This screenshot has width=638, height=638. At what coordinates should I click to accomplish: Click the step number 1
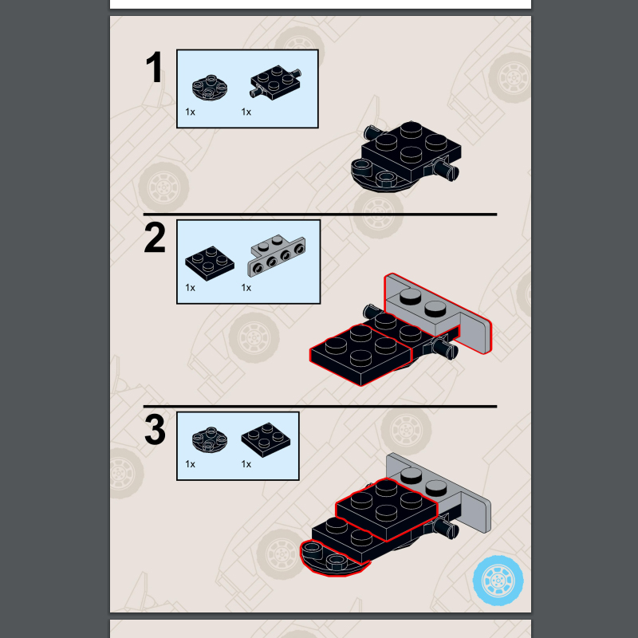click(155, 68)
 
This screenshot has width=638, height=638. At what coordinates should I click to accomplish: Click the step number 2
click(155, 238)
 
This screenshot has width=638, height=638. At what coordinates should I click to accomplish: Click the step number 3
click(155, 430)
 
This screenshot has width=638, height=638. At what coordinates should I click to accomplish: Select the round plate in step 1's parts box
click(210, 87)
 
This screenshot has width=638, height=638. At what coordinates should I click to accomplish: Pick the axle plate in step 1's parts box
click(275, 82)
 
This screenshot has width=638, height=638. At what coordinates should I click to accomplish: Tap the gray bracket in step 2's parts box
click(277, 255)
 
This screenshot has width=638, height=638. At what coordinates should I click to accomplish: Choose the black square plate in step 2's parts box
click(210, 263)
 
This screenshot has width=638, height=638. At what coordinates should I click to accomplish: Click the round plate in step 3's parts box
click(210, 439)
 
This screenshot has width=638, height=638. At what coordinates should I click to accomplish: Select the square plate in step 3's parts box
click(266, 440)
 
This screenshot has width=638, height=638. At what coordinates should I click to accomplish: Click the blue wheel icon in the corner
click(498, 581)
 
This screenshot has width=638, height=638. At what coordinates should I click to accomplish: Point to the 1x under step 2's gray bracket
click(246, 288)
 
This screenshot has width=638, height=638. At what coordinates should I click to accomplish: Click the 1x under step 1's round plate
click(190, 112)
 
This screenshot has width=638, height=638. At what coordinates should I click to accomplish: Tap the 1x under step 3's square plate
click(246, 464)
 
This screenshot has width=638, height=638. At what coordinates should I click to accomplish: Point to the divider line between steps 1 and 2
click(320, 214)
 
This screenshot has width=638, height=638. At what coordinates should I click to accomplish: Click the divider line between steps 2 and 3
click(320, 406)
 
